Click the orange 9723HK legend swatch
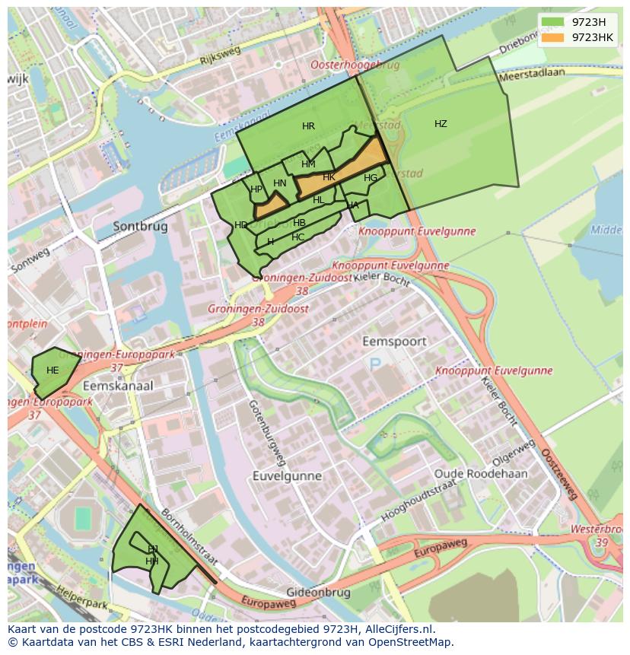click(x=553, y=37)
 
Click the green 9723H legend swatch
click(x=553, y=22)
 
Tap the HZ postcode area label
click(x=441, y=124)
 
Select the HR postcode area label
click(x=308, y=126)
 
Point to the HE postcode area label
click(x=52, y=370)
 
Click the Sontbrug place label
click(x=141, y=226)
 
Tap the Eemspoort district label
click(x=394, y=342)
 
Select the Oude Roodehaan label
click(x=481, y=473)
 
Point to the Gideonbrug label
click(x=318, y=592)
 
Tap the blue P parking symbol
click(x=375, y=365)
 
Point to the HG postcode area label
click(x=371, y=178)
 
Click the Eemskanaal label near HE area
click(x=118, y=386)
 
